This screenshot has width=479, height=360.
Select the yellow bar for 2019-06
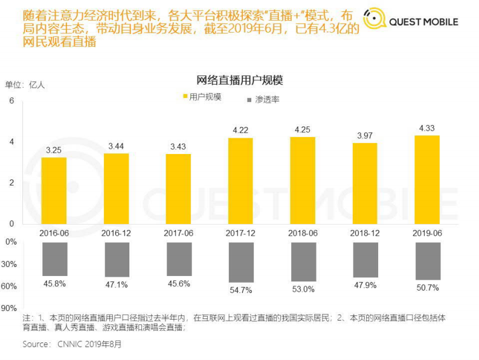(x=426, y=179)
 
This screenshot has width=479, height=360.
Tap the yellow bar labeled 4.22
(x=240, y=181)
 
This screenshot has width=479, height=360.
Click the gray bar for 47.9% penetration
(x=364, y=260)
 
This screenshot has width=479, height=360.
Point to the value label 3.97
(x=364, y=135)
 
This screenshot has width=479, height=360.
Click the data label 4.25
(x=303, y=129)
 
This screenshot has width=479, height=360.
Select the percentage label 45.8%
(x=54, y=283)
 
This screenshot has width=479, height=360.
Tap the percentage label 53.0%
(x=303, y=289)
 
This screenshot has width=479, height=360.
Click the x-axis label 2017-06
(x=178, y=233)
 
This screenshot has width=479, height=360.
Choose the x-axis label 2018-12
(x=364, y=233)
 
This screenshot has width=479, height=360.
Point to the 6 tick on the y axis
(x=11, y=101)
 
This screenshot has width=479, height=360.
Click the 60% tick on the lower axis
(x=10, y=286)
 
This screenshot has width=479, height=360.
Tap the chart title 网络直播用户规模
(x=239, y=80)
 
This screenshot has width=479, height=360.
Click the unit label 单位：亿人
(x=25, y=85)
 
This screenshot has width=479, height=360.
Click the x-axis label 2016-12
(x=116, y=233)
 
